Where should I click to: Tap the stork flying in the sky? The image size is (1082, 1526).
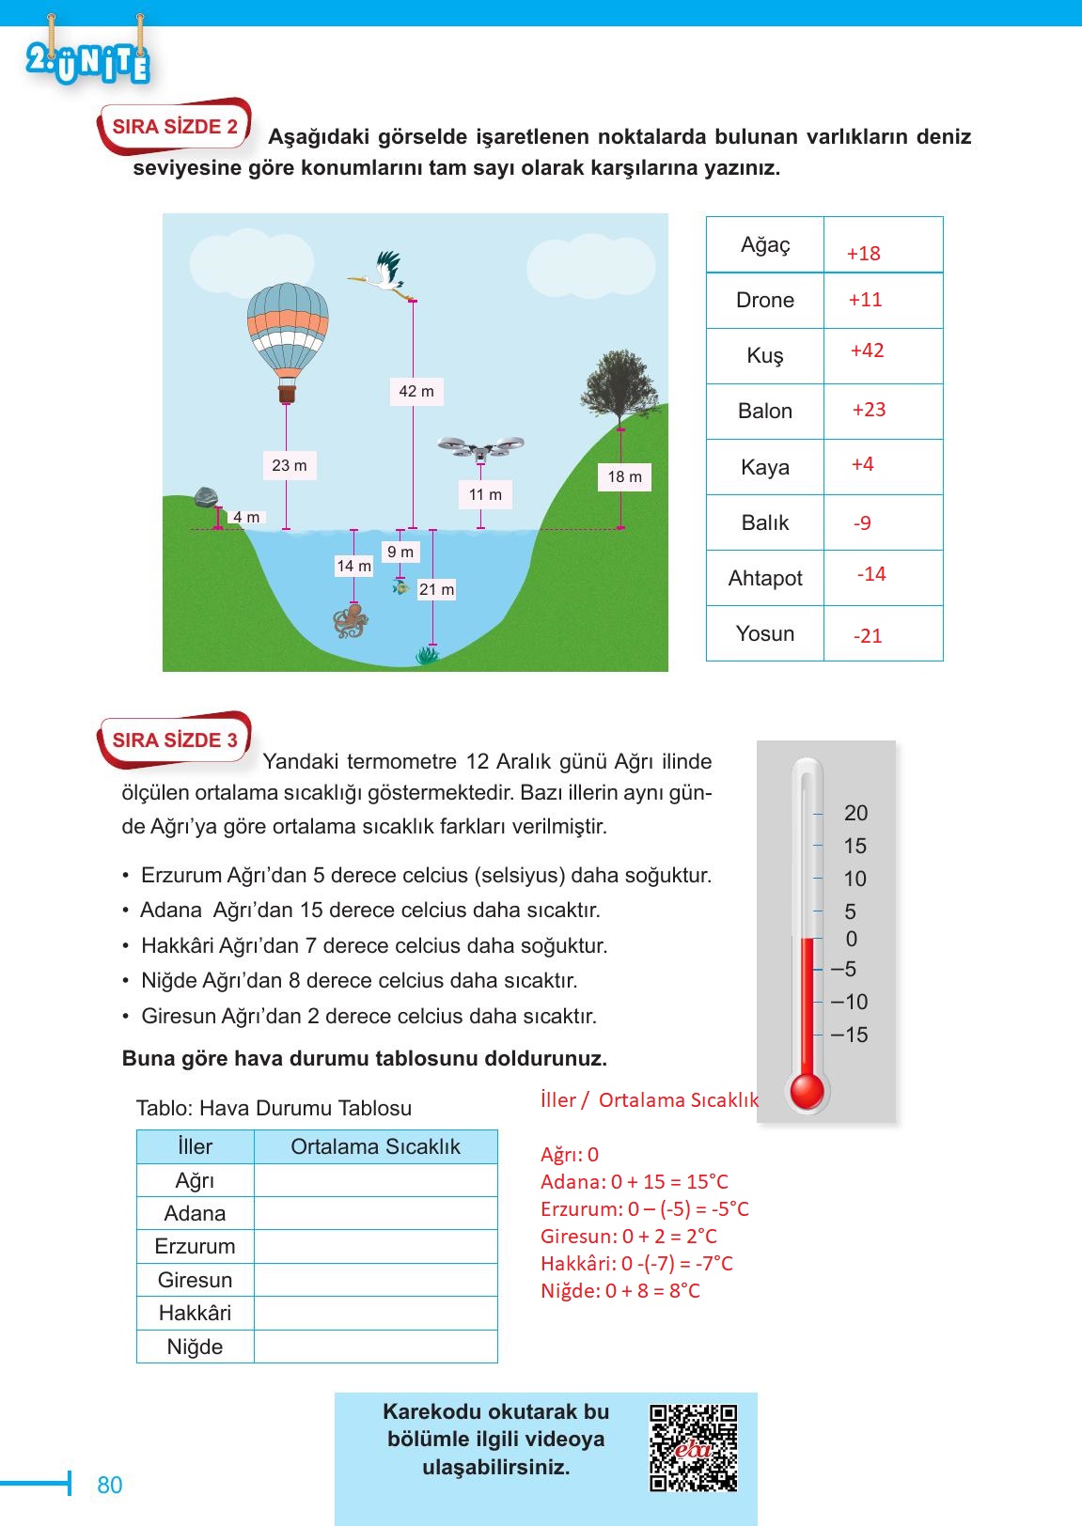[x=381, y=273]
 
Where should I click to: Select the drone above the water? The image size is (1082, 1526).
[x=480, y=448]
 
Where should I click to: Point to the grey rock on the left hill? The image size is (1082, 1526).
[x=206, y=497]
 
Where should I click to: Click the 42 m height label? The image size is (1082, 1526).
[x=416, y=391]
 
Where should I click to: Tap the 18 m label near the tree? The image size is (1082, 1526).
[x=624, y=476]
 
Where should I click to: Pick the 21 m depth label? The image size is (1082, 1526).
[x=436, y=589]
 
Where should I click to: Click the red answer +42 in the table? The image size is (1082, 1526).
[x=867, y=350]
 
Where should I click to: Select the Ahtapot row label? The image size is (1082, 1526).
[x=765, y=578]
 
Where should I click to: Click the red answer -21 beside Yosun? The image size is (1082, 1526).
[x=868, y=636]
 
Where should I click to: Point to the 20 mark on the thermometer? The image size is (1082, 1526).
[x=855, y=813]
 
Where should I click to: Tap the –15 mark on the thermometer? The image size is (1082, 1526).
[x=849, y=1035]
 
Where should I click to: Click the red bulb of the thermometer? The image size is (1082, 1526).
[x=807, y=1091]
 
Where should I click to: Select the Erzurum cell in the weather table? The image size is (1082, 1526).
[x=195, y=1246]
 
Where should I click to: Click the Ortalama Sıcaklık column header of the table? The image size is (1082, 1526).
[x=375, y=1146]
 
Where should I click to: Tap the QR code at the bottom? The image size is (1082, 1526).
[x=694, y=1447]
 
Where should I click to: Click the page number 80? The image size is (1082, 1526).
[x=110, y=1485]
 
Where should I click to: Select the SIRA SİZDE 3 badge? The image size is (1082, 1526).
[x=175, y=740]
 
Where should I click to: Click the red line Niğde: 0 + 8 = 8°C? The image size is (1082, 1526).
[x=619, y=1290]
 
